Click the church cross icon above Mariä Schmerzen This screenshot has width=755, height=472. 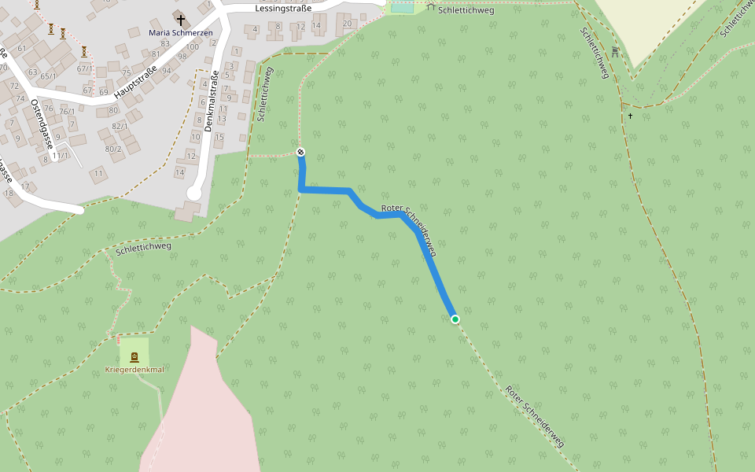[x=181, y=19]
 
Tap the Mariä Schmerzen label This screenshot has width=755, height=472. [x=181, y=33]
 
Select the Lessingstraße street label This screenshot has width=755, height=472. [x=283, y=8]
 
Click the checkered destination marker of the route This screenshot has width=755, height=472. [x=300, y=152]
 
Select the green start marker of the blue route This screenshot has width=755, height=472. [x=455, y=319]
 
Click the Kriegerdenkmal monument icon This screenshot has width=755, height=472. [x=134, y=356]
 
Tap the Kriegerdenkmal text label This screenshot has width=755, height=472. [x=134, y=370]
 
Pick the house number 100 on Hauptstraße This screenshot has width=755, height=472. [x=192, y=47]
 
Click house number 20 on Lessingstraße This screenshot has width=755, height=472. [x=347, y=23]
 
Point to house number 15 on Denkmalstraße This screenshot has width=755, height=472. [x=219, y=138]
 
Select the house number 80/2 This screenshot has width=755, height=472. [x=113, y=149]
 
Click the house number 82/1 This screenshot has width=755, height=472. [x=120, y=126]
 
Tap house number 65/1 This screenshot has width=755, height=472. [x=49, y=76]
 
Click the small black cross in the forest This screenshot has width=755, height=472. [x=630, y=116]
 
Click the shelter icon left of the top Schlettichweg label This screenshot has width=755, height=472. [x=430, y=7]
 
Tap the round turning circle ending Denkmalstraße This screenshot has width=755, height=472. [x=194, y=194]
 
